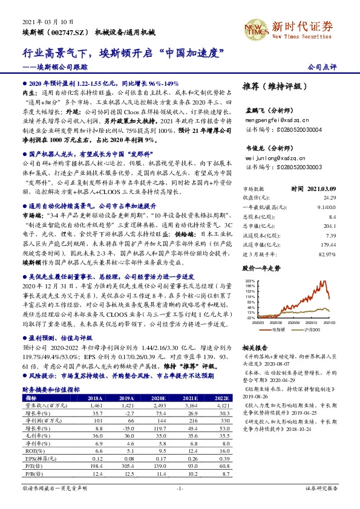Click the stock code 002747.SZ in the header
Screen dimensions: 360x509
tap(68, 31)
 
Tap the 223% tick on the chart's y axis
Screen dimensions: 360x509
tap(250, 281)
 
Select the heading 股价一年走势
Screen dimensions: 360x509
tap(261, 267)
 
